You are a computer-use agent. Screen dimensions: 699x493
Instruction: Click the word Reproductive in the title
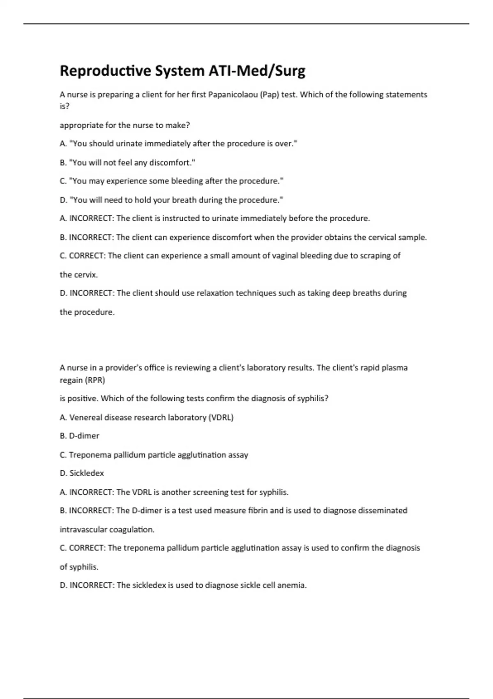106,71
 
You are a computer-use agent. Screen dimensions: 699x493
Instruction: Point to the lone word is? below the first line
65,106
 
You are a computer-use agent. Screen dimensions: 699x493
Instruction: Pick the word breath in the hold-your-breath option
184,200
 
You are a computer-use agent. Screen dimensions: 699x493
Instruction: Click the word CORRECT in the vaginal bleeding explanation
88,256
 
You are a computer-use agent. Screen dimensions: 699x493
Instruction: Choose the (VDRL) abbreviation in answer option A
221,417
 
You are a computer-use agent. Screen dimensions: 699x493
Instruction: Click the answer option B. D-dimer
80,436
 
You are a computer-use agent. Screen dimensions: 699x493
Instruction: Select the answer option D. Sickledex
82,473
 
